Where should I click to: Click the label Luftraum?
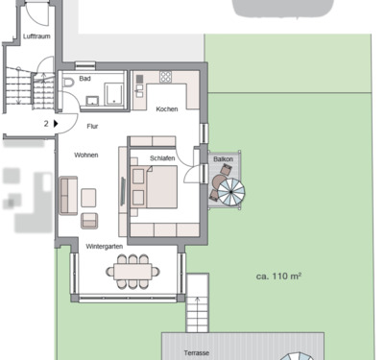tap(36, 36)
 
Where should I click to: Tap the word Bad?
tap(84, 79)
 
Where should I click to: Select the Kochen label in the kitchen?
tap(166, 108)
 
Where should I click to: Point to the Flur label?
tap(93, 124)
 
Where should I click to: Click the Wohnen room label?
tap(87, 155)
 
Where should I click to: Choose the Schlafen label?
tap(162, 157)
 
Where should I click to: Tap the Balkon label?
tap(223, 158)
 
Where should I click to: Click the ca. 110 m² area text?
tap(278, 276)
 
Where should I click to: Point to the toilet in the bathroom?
tap(68, 86)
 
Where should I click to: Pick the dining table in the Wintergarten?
tap(133, 272)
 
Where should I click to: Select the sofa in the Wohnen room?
tap(68, 196)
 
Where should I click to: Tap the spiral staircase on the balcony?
tap(230, 192)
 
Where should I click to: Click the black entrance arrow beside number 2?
tap(58, 123)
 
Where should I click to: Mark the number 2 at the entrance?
tap(45, 123)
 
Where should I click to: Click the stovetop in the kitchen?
tap(166, 77)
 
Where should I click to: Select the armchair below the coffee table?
tap(89, 220)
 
